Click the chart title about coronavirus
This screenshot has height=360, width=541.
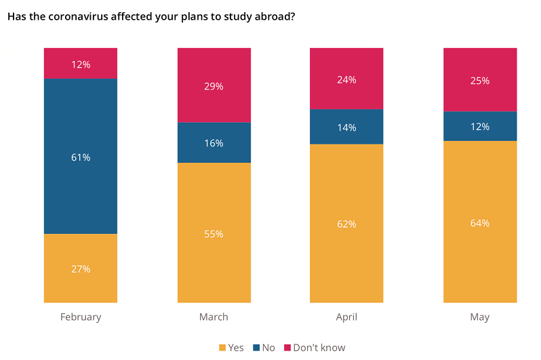[x=151, y=16]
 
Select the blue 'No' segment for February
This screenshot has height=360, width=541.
[x=81, y=156]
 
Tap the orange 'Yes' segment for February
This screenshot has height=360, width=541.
[x=81, y=268]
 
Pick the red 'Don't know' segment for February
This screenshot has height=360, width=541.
[x=81, y=63]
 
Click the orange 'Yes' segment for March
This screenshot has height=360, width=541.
[x=214, y=233]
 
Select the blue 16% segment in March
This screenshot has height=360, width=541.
[x=214, y=142]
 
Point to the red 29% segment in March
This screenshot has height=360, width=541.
[x=214, y=85]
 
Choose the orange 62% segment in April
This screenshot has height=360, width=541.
[x=346, y=223]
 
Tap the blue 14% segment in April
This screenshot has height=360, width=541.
[x=346, y=127]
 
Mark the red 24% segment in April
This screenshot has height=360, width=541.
[x=346, y=79]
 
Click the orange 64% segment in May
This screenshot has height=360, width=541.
[x=480, y=222]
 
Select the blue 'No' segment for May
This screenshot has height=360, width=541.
[x=480, y=126]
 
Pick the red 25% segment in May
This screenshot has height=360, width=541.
[x=480, y=79]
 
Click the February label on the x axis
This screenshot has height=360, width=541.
[x=81, y=317]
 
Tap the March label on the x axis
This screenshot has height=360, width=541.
[x=214, y=317]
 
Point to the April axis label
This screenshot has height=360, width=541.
[x=346, y=317]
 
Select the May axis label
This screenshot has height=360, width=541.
[x=480, y=317]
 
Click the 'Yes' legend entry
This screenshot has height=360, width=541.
[x=231, y=348]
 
